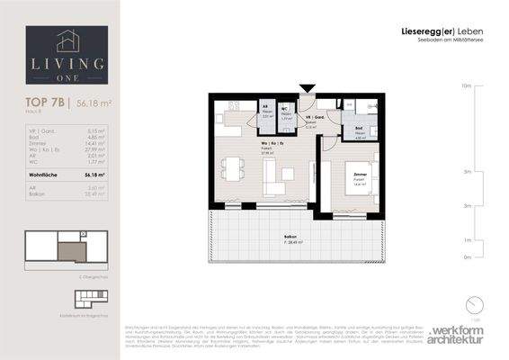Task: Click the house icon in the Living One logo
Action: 67,40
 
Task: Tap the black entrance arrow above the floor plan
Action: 308,88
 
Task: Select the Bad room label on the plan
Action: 358,130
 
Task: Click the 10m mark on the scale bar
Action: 467,86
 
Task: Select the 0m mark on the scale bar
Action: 467,257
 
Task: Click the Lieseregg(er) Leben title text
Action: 436,32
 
